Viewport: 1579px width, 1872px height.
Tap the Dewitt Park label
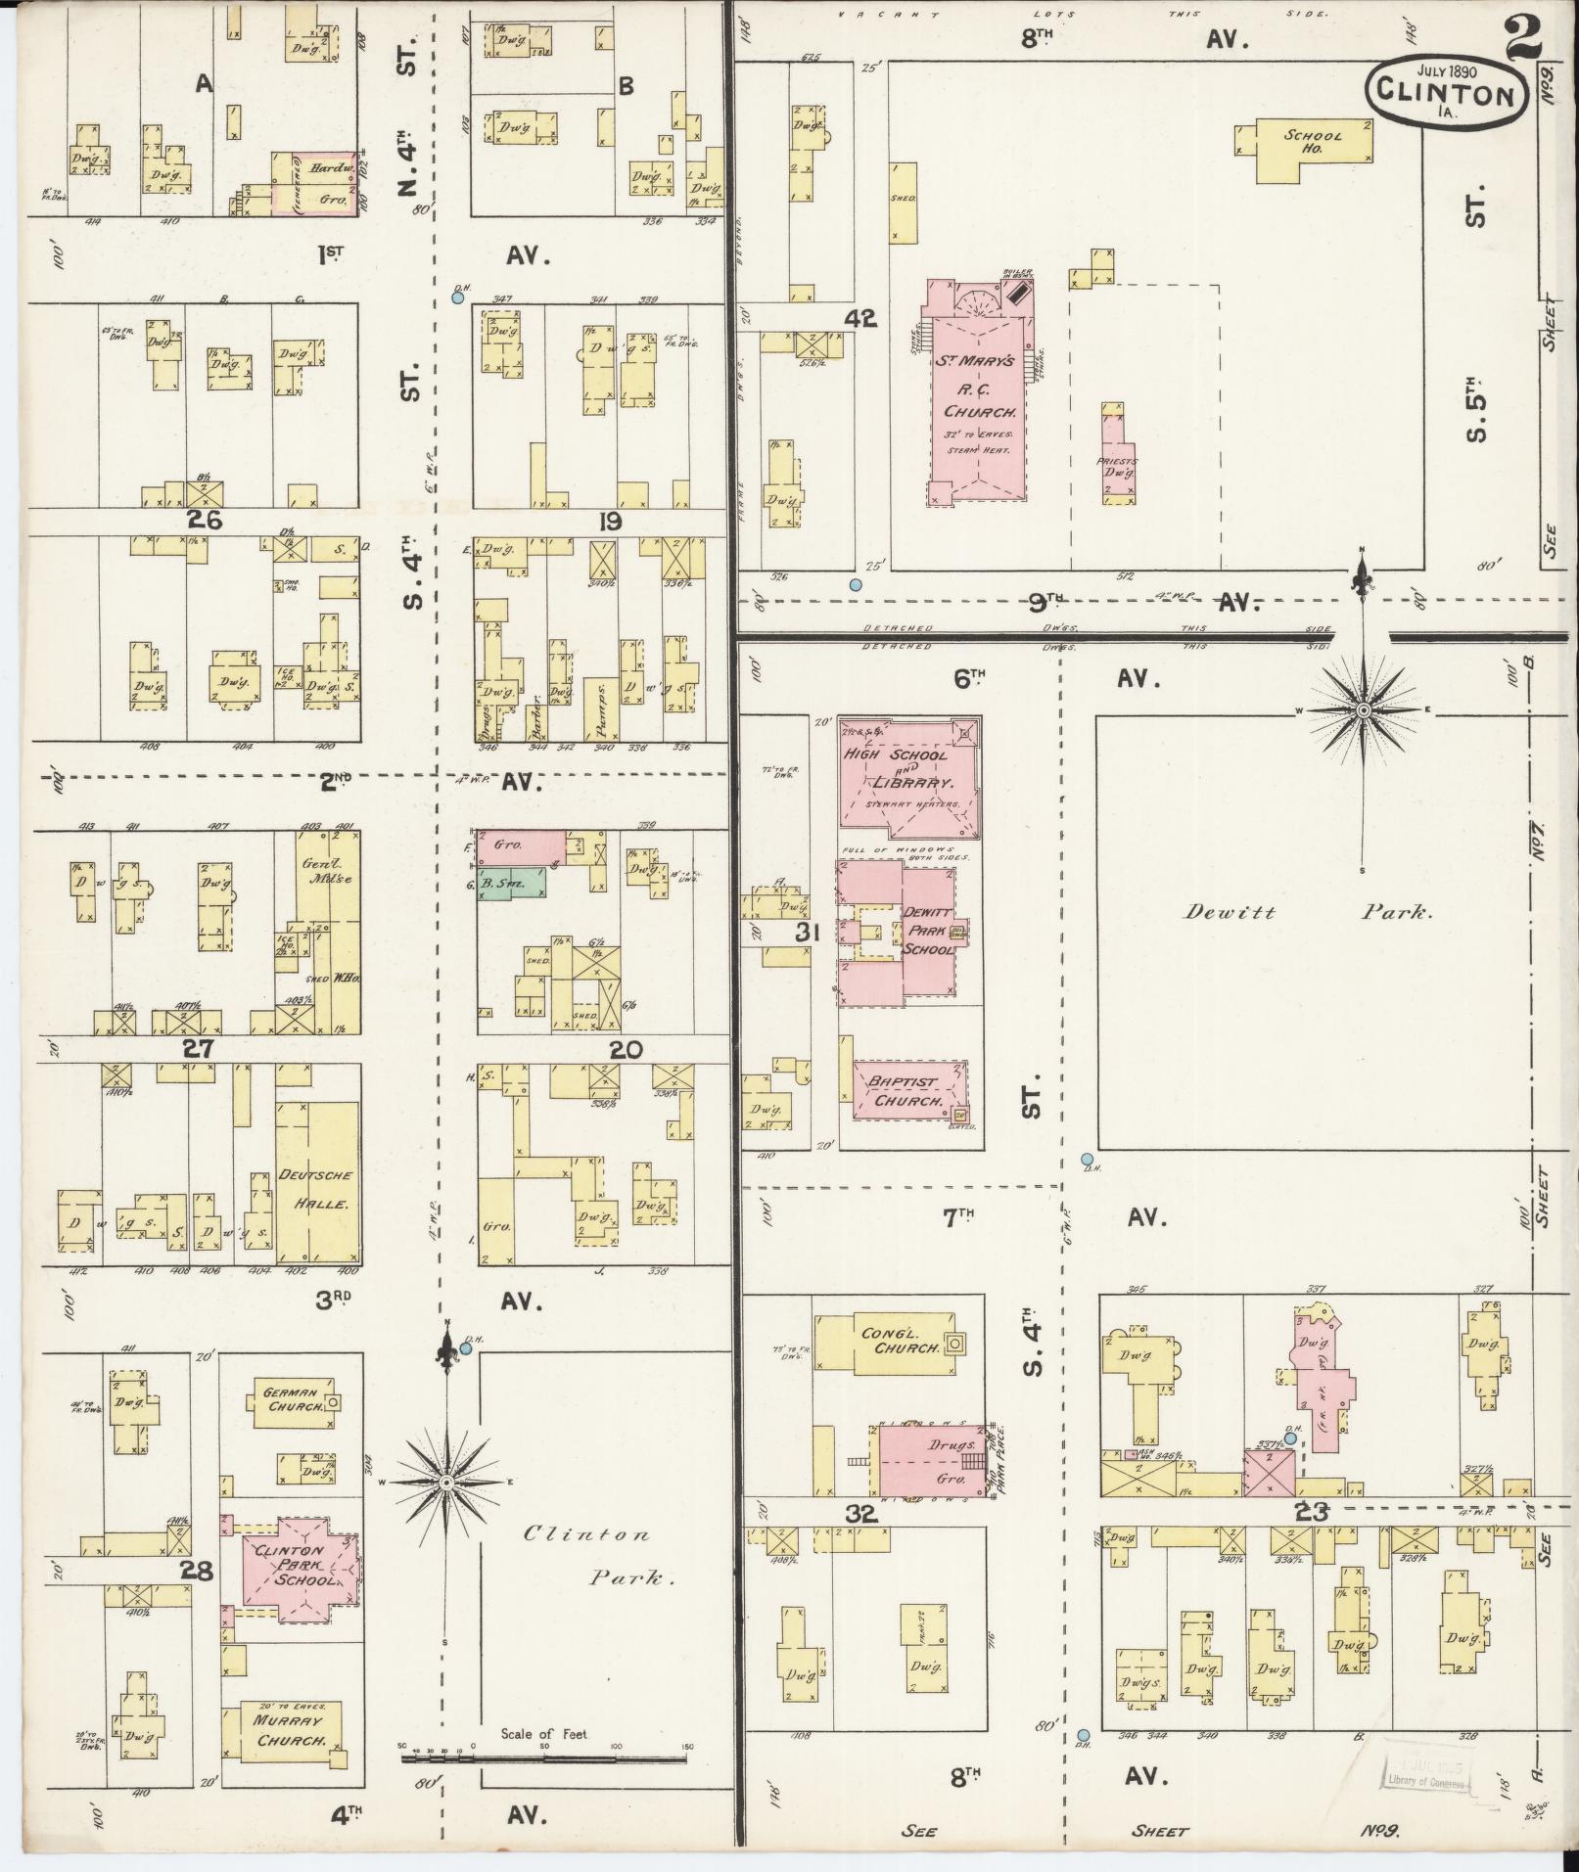click(x=1309, y=912)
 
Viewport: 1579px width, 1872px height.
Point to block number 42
click(x=863, y=319)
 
